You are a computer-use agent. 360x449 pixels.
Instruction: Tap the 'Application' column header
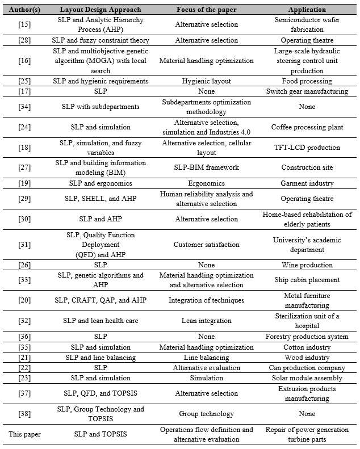(307, 10)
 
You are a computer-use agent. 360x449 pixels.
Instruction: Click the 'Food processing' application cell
(307, 81)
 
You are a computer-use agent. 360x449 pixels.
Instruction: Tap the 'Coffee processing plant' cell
(307, 127)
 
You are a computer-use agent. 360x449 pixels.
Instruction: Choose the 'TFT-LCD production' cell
(307, 148)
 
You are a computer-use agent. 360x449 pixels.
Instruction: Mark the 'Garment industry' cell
(307, 183)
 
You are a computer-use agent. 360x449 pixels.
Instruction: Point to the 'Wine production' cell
(307, 265)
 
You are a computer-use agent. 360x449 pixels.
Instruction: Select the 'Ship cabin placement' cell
(307, 280)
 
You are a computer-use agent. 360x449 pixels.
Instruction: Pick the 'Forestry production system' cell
(307, 337)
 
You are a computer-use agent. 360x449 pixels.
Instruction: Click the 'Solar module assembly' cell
(307, 377)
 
